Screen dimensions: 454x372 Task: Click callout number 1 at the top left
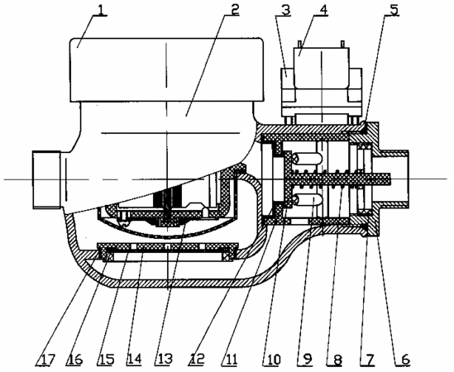coord(100,10)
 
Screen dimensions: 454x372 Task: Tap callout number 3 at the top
coord(285,10)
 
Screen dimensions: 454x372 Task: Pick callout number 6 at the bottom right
coord(406,360)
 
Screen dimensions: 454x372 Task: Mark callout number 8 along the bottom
coord(337,360)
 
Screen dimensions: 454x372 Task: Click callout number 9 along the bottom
coord(307,360)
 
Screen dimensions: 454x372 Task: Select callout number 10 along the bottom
coord(272,360)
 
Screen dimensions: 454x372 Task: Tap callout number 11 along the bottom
coord(231,360)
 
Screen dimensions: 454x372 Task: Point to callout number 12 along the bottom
coord(198,360)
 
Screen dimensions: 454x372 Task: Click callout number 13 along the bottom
coord(165,360)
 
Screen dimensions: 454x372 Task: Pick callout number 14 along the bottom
coord(134,360)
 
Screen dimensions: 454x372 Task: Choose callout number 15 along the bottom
coord(106,360)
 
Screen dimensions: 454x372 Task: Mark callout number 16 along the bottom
coord(74,360)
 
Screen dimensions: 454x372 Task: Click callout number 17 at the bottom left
coord(46,360)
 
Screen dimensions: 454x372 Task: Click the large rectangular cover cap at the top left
coord(166,69)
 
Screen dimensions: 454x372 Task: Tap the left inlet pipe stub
coord(46,179)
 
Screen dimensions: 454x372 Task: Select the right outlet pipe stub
coord(391,179)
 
